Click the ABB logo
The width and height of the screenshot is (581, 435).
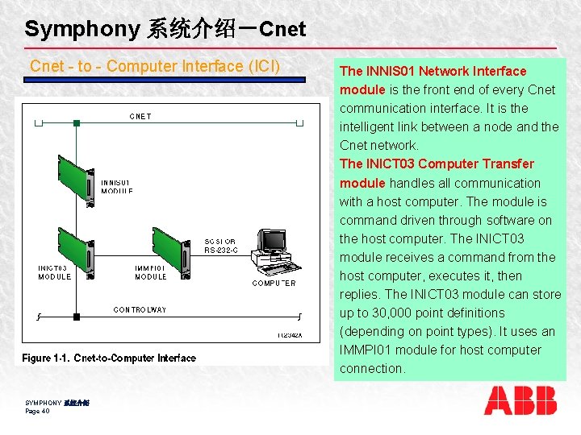pyautogui.click(x=520, y=400)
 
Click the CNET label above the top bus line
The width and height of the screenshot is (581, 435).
pyautogui.click(x=140, y=116)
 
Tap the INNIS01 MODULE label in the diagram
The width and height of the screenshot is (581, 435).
pyautogui.click(x=117, y=187)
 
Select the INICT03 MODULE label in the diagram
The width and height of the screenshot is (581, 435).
pyautogui.click(x=54, y=272)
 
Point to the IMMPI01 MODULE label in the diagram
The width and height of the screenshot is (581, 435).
pyautogui.click(x=151, y=272)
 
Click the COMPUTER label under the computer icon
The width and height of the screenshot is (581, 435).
pyautogui.click(x=274, y=283)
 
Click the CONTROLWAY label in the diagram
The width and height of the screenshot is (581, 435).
pyautogui.click(x=140, y=309)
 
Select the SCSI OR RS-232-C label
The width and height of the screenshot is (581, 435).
pyautogui.click(x=220, y=246)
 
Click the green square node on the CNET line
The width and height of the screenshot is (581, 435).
pyautogui.click(x=76, y=123)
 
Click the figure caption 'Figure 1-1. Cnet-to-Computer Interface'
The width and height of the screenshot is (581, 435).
pyautogui.click(x=109, y=358)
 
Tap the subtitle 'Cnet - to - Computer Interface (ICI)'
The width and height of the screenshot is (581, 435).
pyautogui.click(x=155, y=66)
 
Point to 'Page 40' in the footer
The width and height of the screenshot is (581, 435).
pyautogui.click(x=37, y=411)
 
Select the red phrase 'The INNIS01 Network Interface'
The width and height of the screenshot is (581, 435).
pyautogui.click(x=433, y=71)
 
